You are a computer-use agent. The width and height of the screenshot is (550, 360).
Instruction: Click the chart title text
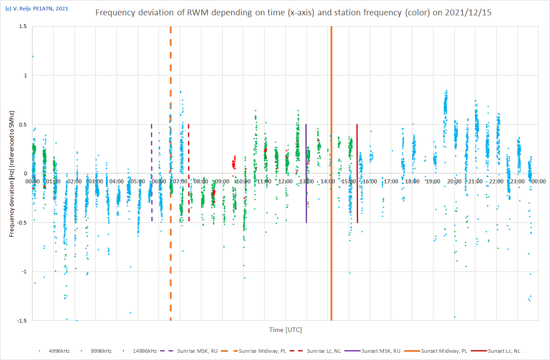pyautogui.click(x=294, y=13)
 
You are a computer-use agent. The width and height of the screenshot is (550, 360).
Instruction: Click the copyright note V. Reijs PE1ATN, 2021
pyautogui.click(x=36, y=8)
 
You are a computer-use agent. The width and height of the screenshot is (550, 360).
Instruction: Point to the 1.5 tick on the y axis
pyautogui.click(x=22, y=27)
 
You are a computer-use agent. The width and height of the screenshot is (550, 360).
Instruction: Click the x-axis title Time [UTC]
pyautogui.click(x=285, y=330)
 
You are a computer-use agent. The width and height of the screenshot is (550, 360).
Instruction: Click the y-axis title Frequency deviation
pyautogui.click(x=12, y=174)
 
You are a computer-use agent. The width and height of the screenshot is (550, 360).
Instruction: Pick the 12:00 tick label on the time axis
pyautogui.click(x=285, y=181)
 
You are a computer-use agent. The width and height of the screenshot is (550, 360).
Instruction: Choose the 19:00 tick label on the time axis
pyautogui.click(x=433, y=181)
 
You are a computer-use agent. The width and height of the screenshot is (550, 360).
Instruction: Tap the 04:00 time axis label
pyautogui.click(x=117, y=181)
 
